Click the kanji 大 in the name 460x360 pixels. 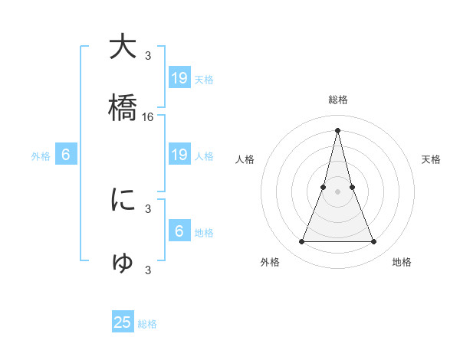tap(123, 47)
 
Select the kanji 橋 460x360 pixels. tap(123, 108)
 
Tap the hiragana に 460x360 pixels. tap(123, 200)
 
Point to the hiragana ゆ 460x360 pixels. tap(123, 262)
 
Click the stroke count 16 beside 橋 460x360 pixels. tap(148, 117)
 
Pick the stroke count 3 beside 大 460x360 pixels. tap(148, 55)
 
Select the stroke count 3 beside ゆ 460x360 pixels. tap(148, 270)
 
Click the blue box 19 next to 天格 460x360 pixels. tap(179, 78)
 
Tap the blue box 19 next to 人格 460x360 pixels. tap(179, 155)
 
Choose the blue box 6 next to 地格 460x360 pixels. tap(179, 231)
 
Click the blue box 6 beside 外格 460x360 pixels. tap(66, 155)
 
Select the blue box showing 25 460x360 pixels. tap(123, 322)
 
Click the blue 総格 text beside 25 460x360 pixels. tap(147, 324)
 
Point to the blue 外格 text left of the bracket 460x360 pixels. tap(41, 156)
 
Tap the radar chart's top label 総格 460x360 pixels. tap(338, 100)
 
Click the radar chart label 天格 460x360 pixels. tap(432, 159)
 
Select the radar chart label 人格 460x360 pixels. tap(245, 159)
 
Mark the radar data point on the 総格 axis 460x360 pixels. tap(338, 129)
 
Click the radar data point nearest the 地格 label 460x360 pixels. tap(374, 242)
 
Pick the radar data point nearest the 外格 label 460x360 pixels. tap(301, 242)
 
